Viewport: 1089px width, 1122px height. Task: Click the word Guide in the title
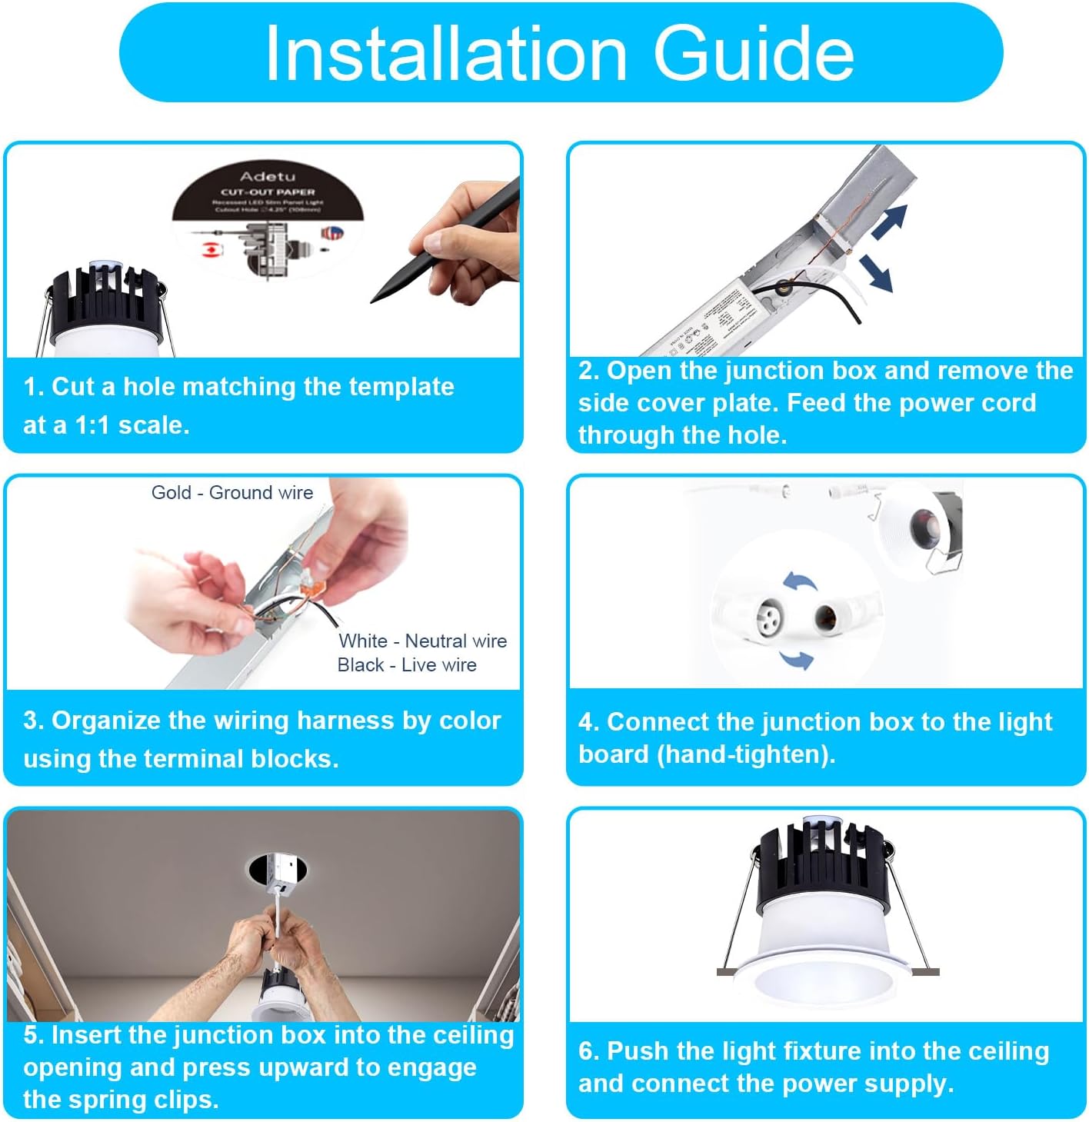pos(753,53)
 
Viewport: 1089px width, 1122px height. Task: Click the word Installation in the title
pos(446,53)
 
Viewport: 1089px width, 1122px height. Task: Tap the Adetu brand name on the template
pos(267,176)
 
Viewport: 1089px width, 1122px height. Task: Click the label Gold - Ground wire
pos(231,492)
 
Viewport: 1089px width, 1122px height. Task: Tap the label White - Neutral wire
pos(422,641)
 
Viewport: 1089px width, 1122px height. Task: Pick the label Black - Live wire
pos(407,664)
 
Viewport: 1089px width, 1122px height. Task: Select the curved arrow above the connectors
pos(800,581)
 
